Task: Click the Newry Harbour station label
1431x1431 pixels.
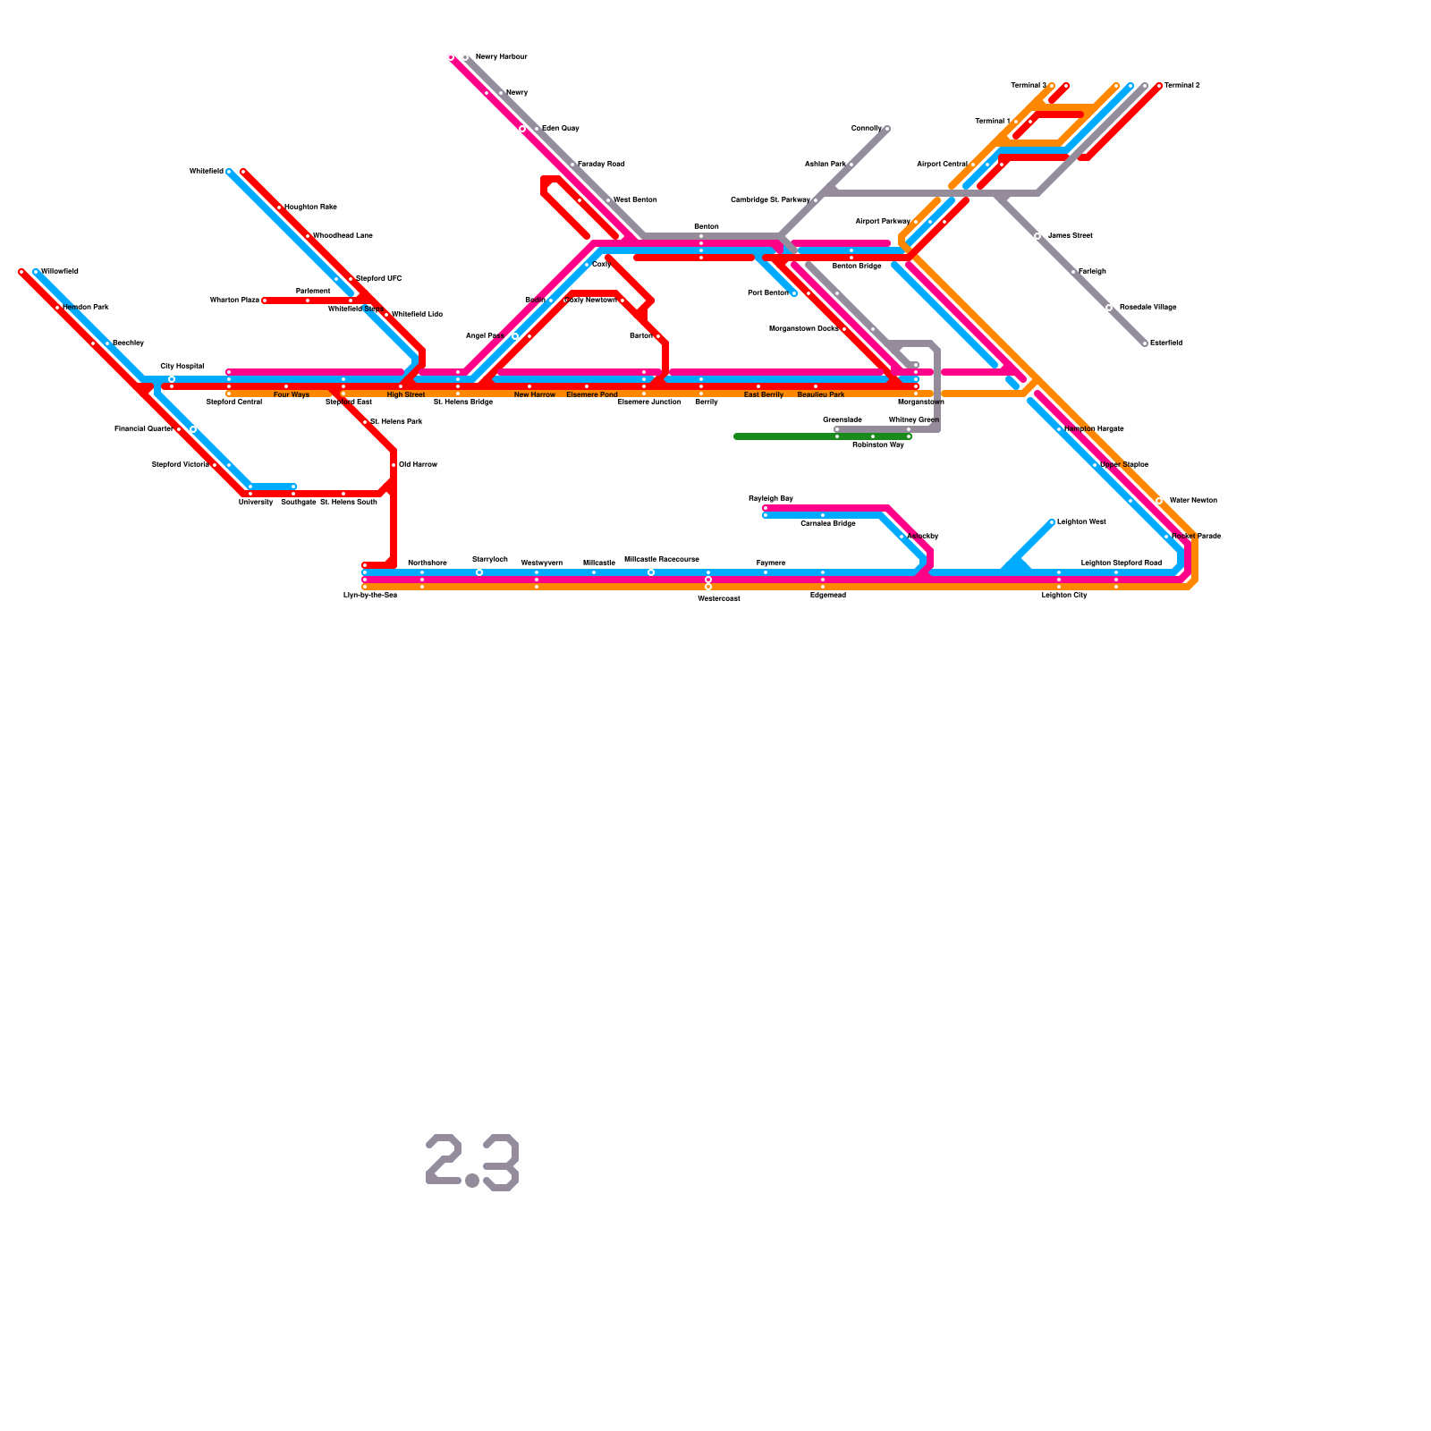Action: tap(501, 57)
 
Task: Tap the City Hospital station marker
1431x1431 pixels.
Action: tap(172, 379)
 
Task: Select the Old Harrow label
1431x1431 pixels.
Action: tap(418, 465)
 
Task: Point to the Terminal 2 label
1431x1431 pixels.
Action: tap(1181, 86)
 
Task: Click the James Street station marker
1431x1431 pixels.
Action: tap(1037, 236)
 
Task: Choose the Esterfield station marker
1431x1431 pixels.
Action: tap(1145, 343)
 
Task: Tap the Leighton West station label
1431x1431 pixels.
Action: tap(1081, 522)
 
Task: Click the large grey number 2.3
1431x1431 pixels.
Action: tap(472, 1163)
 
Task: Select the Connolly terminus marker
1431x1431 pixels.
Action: tap(887, 129)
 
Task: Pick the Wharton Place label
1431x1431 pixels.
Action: tap(234, 301)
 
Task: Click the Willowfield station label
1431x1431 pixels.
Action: tap(60, 272)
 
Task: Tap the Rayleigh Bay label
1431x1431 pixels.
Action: tap(771, 499)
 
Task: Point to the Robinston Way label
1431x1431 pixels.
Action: tap(878, 445)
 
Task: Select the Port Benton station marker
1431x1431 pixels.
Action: tap(794, 293)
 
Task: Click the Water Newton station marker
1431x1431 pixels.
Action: tap(1159, 501)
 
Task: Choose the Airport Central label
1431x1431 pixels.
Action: tap(942, 165)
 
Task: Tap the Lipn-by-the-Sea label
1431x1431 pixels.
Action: tap(370, 596)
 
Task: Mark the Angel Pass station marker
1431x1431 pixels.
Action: tap(515, 336)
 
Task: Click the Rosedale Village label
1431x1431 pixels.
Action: tap(1147, 308)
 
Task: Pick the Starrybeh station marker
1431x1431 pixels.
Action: tap(479, 572)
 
